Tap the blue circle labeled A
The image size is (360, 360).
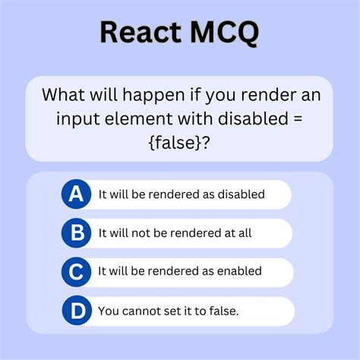click(x=77, y=194)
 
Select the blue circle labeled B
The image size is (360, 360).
click(x=77, y=232)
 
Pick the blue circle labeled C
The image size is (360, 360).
click(x=77, y=271)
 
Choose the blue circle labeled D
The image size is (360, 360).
click(x=77, y=310)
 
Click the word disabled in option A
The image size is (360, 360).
click(x=240, y=194)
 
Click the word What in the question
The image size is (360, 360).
click(x=63, y=96)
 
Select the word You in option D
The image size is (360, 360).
click(x=108, y=311)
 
